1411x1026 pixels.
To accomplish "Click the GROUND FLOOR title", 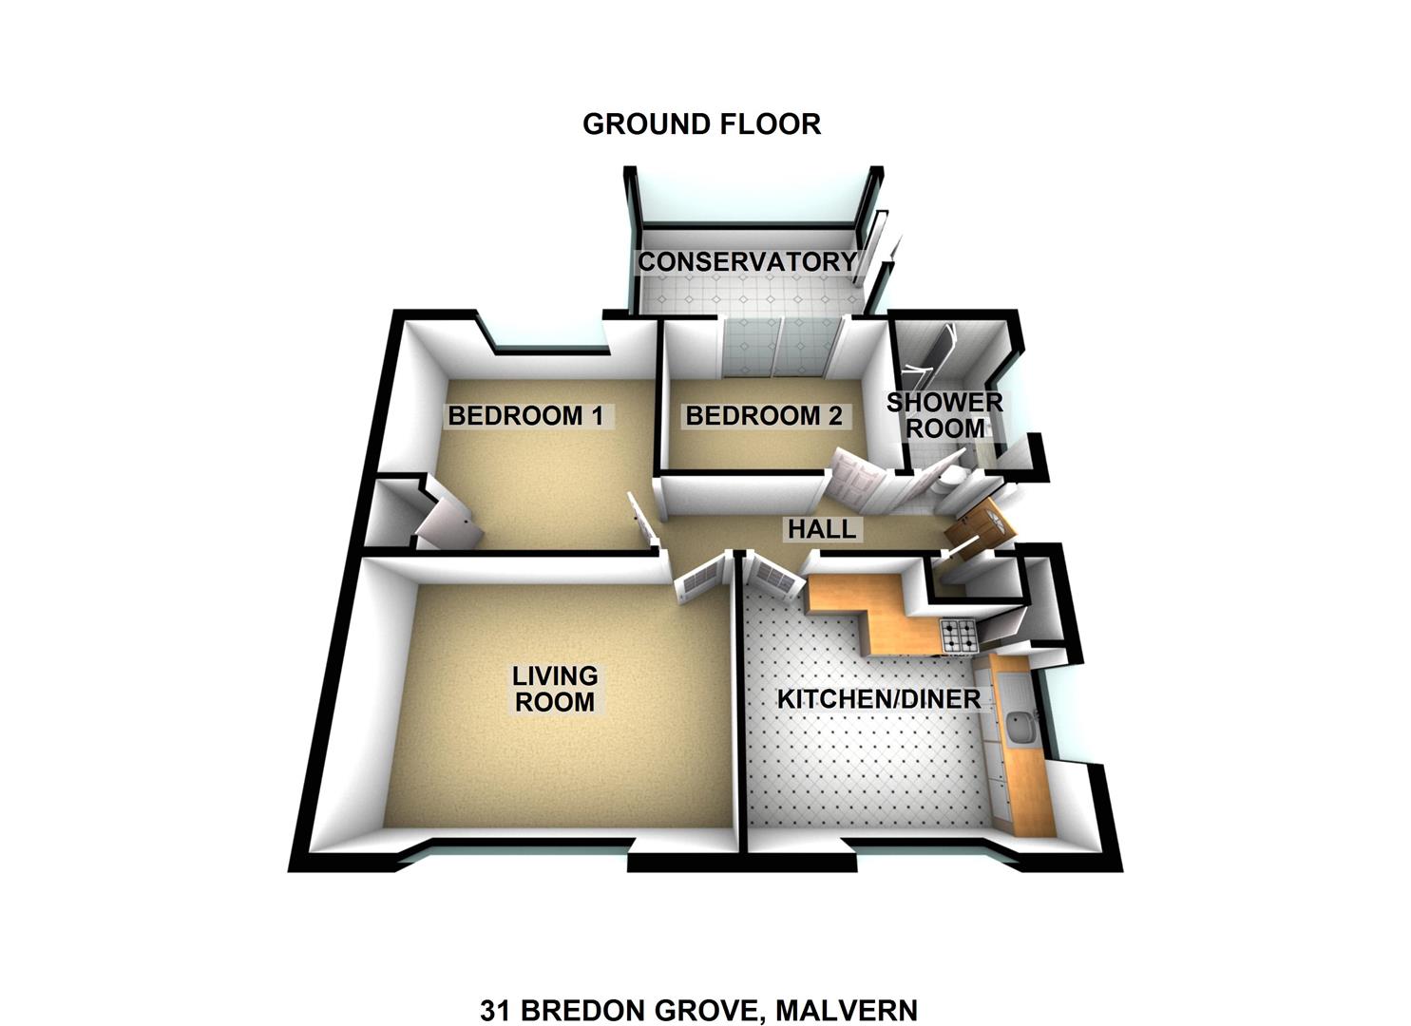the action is click(x=702, y=124).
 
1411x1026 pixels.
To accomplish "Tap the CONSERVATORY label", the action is click(x=748, y=261).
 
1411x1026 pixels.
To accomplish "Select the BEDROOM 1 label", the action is click(x=525, y=416).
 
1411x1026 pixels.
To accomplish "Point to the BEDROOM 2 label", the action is click(x=763, y=416).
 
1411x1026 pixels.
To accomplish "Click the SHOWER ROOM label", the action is click(x=944, y=415).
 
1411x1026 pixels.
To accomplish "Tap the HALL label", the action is click(x=822, y=529).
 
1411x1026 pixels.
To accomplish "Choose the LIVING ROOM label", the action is click(x=555, y=689).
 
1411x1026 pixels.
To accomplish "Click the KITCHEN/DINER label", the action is click(x=879, y=699).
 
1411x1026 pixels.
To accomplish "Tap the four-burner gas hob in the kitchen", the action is click(x=959, y=636).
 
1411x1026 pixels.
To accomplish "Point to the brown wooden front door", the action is click(x=979, y=528).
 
